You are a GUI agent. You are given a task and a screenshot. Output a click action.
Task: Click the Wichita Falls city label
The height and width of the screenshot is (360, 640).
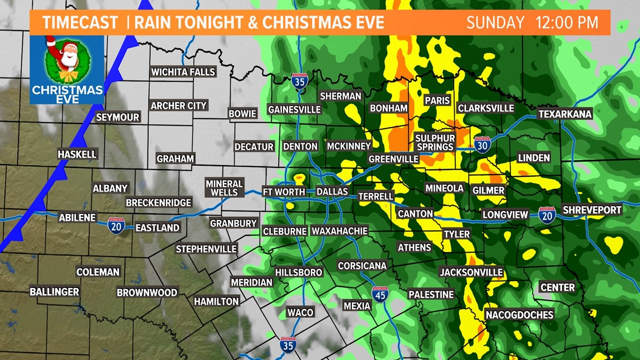tap(183, 72)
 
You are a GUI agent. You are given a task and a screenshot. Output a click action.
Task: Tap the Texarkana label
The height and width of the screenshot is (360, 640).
tap(565, 114)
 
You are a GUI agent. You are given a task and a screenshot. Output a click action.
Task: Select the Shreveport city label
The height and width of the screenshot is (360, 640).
tap(592, 209)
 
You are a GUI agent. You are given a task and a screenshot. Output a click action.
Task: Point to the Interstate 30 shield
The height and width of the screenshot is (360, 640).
tap(482, 144)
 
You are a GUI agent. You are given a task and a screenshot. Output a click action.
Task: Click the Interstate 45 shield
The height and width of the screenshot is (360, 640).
tap(380, 294)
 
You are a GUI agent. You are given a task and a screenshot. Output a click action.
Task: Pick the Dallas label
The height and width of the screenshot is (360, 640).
tap(332, 192)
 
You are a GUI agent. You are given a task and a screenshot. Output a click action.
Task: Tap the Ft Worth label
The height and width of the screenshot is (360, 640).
tap(284, 192)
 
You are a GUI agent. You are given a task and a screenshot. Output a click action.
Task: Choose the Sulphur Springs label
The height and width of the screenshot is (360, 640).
tap(435, 142)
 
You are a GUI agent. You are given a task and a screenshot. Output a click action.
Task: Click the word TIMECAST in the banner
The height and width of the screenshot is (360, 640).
tap(80, 22)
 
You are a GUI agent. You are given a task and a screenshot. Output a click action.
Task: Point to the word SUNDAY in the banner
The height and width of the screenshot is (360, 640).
tap(495, 22)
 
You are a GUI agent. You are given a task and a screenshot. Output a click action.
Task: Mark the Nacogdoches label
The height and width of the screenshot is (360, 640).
tap(519, 315)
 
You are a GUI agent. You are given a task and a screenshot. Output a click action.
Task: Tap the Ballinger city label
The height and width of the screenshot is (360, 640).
tap(54, 291)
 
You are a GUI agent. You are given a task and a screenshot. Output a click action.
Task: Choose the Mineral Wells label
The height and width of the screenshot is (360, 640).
tap(224, 188)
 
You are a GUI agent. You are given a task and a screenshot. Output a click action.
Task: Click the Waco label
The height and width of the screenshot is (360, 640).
tap(300, 312)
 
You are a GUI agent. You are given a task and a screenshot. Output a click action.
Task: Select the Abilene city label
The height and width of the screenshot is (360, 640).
tap(77, 218)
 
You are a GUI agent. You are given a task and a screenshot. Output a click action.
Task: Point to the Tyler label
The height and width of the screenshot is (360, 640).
tap(456, 234)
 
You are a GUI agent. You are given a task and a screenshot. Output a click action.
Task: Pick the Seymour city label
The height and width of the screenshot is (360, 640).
tap(117, 117)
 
